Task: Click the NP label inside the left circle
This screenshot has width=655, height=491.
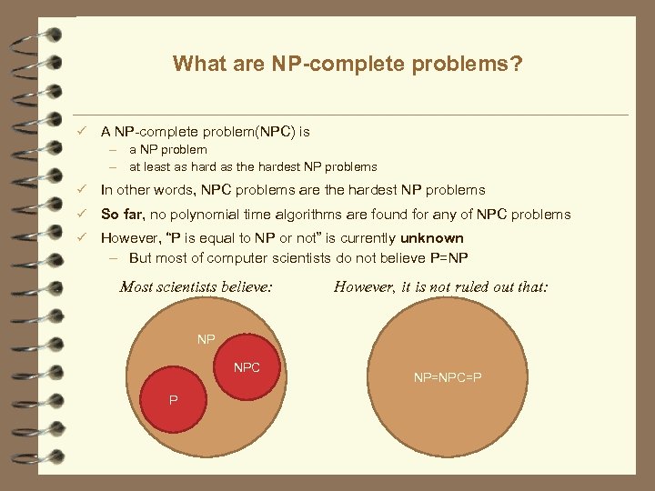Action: pos(207,339)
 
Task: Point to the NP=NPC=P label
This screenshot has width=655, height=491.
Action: pos(447,376)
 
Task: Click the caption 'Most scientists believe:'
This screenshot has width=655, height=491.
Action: pos(196,287)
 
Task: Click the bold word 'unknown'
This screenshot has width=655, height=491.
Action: pos(432,238)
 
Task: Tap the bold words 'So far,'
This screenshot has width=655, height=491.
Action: pos(124,215)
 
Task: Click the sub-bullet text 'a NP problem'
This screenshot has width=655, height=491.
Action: pos(167,149)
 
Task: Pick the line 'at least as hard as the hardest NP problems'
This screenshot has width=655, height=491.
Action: pos(252,166)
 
